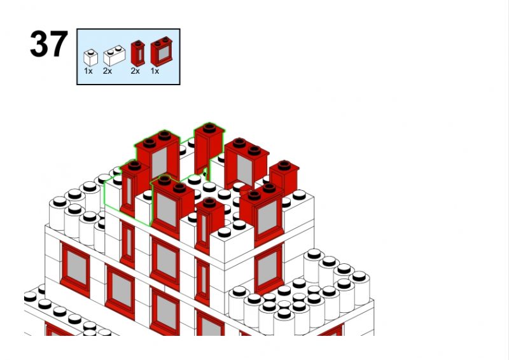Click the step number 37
click(49, 44)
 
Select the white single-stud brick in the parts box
click(90, 57)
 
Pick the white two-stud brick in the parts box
click(115, 55)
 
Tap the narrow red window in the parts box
click(138, 53)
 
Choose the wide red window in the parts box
click(162, 52)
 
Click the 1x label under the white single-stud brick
click(88, 71)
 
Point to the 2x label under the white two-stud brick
click(108, 71)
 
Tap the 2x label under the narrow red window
click(136, 71)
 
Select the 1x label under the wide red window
click(155, 71)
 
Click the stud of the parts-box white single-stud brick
click(91, 52)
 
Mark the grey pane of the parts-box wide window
click(164, 53)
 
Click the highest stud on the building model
click(209, 128)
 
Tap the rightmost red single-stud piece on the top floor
click(284, 177)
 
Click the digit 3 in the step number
click(39, 44)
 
